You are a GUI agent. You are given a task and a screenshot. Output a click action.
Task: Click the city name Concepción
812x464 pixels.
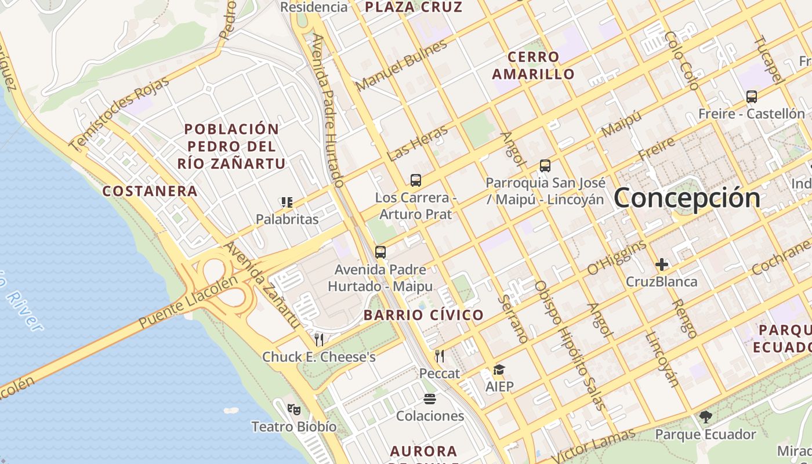tap(687, 198)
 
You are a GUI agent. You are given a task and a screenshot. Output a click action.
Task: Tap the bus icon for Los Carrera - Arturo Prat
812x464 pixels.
tap(416, 180)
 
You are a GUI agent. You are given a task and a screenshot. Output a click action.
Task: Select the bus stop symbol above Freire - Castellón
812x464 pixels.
tap(752, 97)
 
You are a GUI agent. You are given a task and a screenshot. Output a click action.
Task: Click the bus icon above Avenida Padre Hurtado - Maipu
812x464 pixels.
tap(380, 252)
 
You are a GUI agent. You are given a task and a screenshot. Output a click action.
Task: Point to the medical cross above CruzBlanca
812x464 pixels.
tap(662, 265)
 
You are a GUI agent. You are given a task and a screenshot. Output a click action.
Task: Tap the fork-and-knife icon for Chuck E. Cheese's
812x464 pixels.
tap(319, 339)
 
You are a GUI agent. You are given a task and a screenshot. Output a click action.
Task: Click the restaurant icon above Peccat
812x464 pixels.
tap(440, 356)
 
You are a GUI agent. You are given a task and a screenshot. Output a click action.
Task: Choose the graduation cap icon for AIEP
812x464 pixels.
tap(499, 369)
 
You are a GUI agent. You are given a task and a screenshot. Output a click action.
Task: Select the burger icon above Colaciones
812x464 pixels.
tap(430, 399)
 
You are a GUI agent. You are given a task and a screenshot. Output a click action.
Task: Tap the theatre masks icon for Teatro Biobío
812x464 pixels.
tap(294, 409)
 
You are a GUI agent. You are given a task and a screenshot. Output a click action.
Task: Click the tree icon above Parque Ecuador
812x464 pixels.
tap(706, 416)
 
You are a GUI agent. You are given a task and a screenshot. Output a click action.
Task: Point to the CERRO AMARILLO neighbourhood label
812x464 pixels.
tap(533, 66)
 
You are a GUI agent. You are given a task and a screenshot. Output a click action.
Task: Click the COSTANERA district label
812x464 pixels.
tap(150, 191)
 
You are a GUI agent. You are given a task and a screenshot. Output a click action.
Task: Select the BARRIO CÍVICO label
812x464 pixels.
tap(423, 315)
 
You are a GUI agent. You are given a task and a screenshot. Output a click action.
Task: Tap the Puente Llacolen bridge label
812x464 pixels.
tap(188, 302)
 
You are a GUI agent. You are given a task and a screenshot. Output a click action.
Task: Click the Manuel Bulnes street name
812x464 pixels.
tap(401, 65)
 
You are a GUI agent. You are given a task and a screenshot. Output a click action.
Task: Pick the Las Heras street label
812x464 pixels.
tap(418, 143)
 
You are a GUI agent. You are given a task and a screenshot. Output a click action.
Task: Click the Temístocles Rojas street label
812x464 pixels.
tap(119, 114)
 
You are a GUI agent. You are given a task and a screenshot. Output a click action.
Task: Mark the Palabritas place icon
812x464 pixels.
tap(287, 202)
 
